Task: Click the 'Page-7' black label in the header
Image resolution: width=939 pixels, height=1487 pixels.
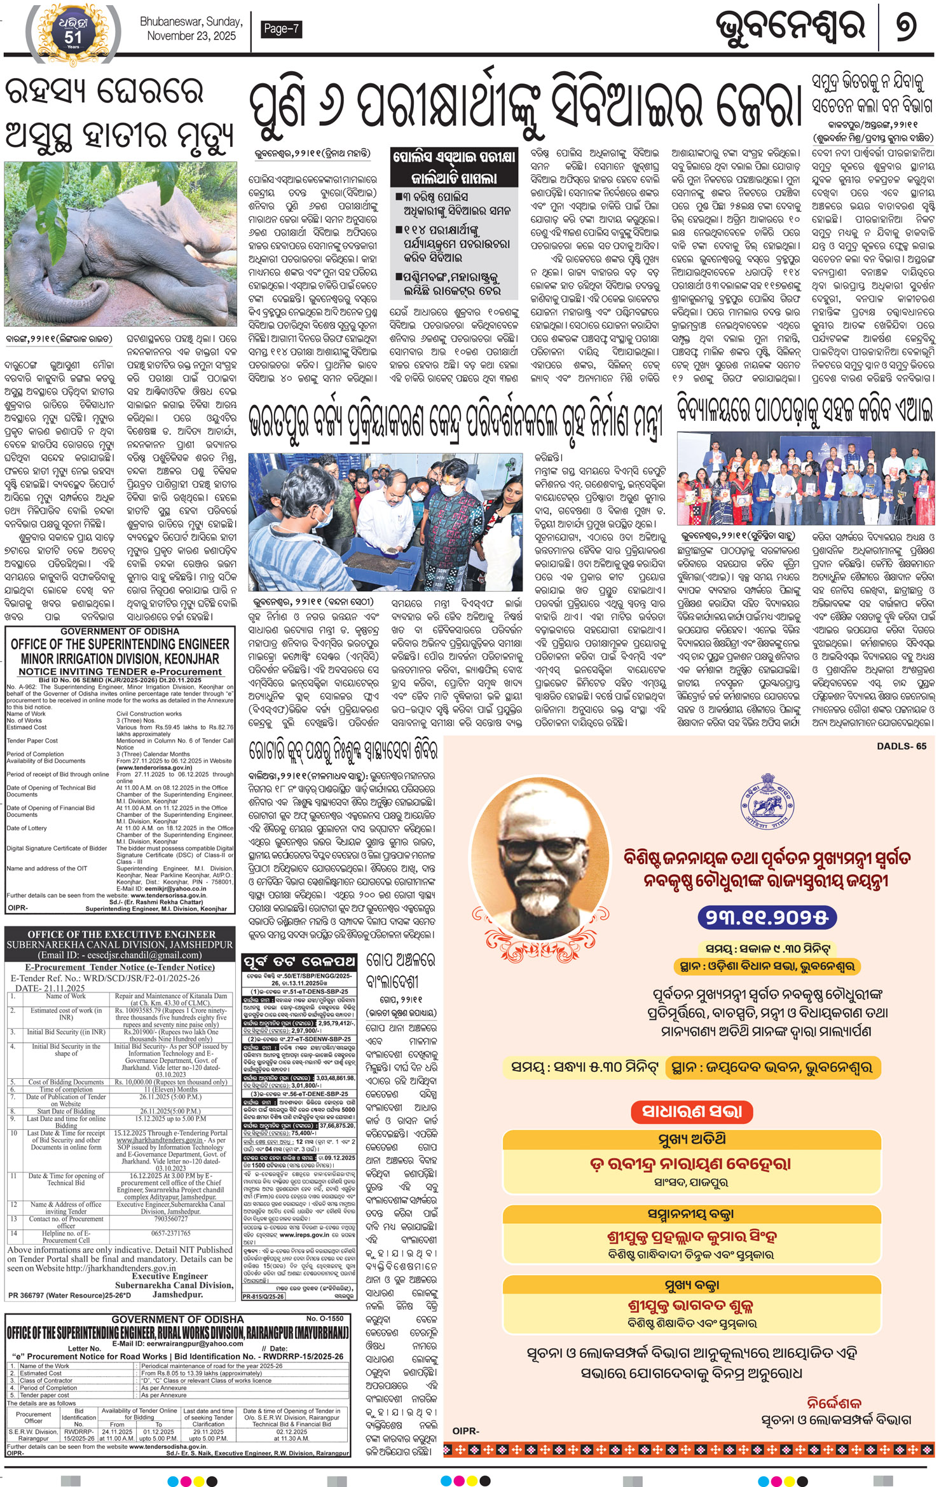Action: pyautogui.click(x=280, y=29)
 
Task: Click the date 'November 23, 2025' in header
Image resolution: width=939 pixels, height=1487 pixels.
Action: pyautogui.click(x=191, y=36)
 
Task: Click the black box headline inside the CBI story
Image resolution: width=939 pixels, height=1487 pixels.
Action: pyautogui.click(x=454, y=167)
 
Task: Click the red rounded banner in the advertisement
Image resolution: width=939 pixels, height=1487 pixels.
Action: pyautogui.click(x=692, y=1111)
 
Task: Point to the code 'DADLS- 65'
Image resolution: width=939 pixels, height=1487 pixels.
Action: pyautogui.click(x=901, y=746)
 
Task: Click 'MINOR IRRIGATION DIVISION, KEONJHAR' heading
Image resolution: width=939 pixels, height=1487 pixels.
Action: pyautogui.click(x=120, y=659)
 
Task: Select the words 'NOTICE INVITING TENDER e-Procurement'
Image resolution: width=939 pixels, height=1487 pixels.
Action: pyautogui.click(x=120, y=671)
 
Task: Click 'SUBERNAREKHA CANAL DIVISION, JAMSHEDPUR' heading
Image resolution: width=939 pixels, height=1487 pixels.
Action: pyautogui.click(x=120, y=945)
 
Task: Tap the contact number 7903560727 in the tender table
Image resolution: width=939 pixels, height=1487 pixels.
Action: pyautogui.click(x=170, y=1219)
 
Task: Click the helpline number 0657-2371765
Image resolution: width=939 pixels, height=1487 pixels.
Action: pyautogui.click(x=170, y=1233)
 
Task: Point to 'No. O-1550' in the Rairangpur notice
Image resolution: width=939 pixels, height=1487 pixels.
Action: pyautogui.click(x=324, y=1319)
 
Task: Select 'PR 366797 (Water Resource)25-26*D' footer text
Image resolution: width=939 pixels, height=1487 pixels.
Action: pyautogui.click(x=70, y=1295)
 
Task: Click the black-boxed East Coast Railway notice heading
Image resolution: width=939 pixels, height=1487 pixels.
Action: pyautogui.click(x=299, y=961)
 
